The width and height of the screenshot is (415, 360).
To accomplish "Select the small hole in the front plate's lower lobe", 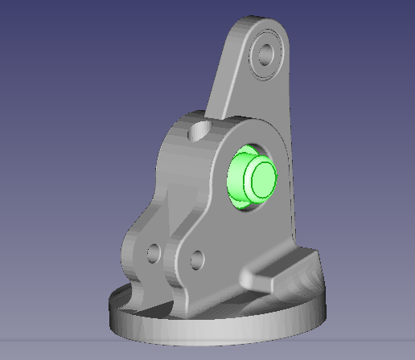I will pos(195,259).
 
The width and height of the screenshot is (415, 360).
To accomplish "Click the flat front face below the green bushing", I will pos(241,241).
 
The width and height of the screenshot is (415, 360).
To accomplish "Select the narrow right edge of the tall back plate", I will pos(291,161).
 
